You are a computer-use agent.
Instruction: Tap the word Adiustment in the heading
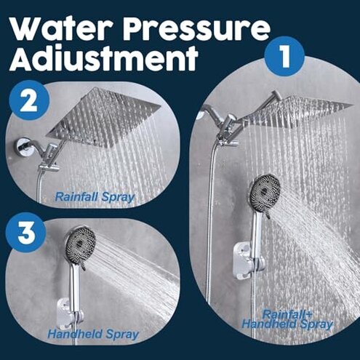105,60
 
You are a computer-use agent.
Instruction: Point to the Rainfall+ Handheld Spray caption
287,319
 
